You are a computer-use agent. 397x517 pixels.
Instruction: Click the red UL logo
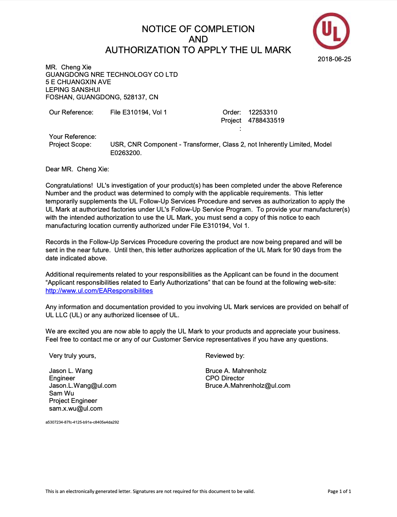[331, 31]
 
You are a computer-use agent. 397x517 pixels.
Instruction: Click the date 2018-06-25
[334, 59]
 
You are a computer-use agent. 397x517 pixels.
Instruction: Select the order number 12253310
[263, 112]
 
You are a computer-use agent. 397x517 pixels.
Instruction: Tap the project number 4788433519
[266, 120]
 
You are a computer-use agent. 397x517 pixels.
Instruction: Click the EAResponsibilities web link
[99, 291]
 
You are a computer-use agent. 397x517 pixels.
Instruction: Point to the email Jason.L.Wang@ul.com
[83, 386]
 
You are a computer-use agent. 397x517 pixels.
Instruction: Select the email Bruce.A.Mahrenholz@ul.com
[248, 386]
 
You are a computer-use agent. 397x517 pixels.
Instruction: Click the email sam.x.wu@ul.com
[76, 408]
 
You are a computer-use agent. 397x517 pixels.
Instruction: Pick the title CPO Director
[225, 378]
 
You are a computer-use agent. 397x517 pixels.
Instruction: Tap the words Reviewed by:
[225, 356]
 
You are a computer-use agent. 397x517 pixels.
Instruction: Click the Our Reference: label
[71, 112]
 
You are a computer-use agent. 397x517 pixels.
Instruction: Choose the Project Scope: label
[70, 144]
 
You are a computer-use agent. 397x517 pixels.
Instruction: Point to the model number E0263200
[125, 153]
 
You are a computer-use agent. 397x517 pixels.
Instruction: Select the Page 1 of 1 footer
[339, 492]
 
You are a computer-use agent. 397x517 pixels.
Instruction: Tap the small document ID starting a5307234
[82, 422]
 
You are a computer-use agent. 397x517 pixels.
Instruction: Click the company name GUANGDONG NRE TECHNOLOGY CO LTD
[111, 75]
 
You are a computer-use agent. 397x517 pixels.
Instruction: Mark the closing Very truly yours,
[72, 356]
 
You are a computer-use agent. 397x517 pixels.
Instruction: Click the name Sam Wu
[62, 393]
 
